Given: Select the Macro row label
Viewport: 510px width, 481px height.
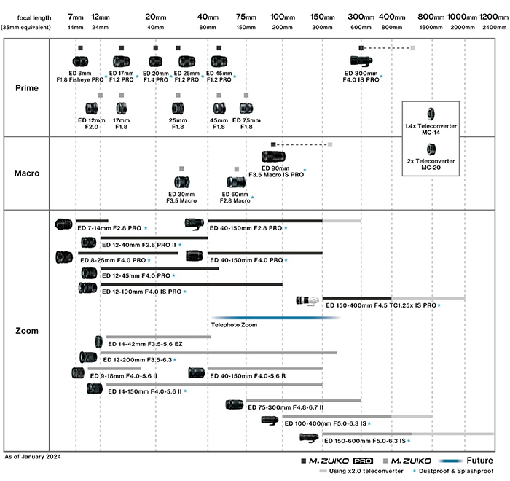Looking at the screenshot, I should click(x=27, y=173).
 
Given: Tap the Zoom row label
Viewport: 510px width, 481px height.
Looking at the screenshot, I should click(x=27, y=330).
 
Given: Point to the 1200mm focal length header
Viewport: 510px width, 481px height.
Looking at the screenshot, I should click(x=493, y=15).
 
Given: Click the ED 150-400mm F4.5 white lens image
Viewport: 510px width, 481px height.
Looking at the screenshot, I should click(x=309, y=300).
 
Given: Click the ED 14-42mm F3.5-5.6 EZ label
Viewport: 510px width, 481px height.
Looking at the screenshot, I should click(x=145, y=343).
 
